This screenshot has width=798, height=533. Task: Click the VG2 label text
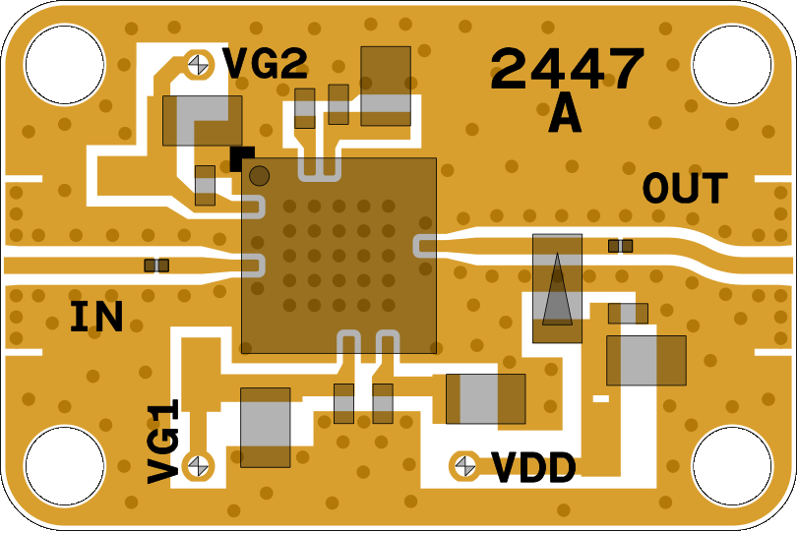click(265, 65)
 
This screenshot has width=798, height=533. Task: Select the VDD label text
click(533, 469)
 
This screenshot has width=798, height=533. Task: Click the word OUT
click(686, 189)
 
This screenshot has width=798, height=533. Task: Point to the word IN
click(96, 318)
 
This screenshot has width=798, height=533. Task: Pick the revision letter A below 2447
click(565, 117)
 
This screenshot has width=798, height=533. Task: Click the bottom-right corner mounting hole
click(732, 466)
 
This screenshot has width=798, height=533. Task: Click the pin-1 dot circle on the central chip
click(260, 176)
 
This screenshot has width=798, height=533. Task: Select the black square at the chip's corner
click(242, 156)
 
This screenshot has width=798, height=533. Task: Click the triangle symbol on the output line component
click(557, 290)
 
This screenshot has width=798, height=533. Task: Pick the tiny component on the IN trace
click(156, 266)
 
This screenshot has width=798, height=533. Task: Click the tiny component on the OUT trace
click(620, 246)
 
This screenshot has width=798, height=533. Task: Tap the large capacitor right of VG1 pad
click(266, 428)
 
